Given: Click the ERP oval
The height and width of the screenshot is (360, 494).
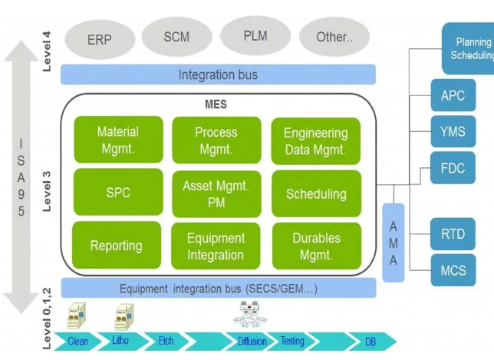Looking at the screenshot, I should coord(99,39).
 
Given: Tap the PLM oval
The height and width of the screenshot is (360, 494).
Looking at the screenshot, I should coord(255,36).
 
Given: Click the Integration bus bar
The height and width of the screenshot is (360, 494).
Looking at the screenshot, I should coord(218,74).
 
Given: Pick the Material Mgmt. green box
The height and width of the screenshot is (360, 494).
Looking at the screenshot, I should coord(118,140).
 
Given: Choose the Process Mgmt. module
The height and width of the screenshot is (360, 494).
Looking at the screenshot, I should coord(216,140).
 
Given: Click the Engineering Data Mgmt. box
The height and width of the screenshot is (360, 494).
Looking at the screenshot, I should coord(315,141).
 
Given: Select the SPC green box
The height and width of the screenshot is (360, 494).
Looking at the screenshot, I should coord(118,193).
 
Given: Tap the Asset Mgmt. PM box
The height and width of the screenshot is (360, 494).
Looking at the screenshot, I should coord(216,193).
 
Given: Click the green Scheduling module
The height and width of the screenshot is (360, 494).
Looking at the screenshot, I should coord(315,193).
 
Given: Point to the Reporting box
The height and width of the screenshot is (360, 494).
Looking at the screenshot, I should coord(117,246).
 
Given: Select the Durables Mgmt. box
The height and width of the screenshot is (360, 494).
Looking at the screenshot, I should coord(315,246).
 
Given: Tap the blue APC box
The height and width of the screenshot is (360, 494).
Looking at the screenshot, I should coord(453,96).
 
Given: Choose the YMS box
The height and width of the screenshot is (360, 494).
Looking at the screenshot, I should coord(453,132).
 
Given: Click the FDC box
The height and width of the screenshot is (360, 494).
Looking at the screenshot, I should coord(453,168).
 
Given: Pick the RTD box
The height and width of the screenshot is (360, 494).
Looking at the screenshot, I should coord(453,234).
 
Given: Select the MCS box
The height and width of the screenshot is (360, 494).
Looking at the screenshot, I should coord(453,271).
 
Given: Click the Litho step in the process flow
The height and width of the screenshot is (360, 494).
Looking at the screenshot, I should coord(120,341).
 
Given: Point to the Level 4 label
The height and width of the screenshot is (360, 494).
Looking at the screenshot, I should coord(48,51).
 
